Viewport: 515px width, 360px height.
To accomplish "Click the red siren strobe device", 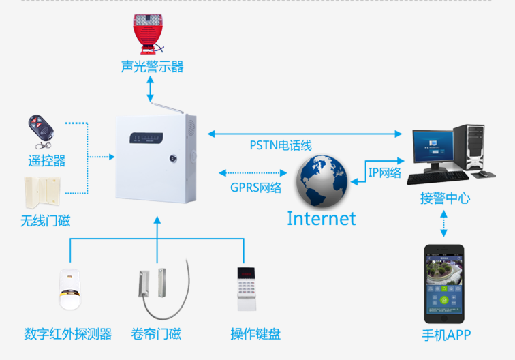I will [151, 32].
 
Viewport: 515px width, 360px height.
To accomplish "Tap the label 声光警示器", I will [152, 66].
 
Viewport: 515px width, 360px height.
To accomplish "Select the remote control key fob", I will [39, 130].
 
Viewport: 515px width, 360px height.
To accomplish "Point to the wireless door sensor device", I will [42, 192].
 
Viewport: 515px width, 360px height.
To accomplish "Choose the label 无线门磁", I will [45, 221].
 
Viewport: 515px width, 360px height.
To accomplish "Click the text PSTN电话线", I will [281, 145].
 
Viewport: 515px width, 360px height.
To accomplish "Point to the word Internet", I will [321, 218].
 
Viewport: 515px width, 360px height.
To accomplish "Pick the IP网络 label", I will [385, 172].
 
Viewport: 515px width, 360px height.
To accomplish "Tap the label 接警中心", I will [445, 198].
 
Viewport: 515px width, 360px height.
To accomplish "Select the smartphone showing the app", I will [445, 285].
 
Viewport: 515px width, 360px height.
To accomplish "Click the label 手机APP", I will [446, 335].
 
